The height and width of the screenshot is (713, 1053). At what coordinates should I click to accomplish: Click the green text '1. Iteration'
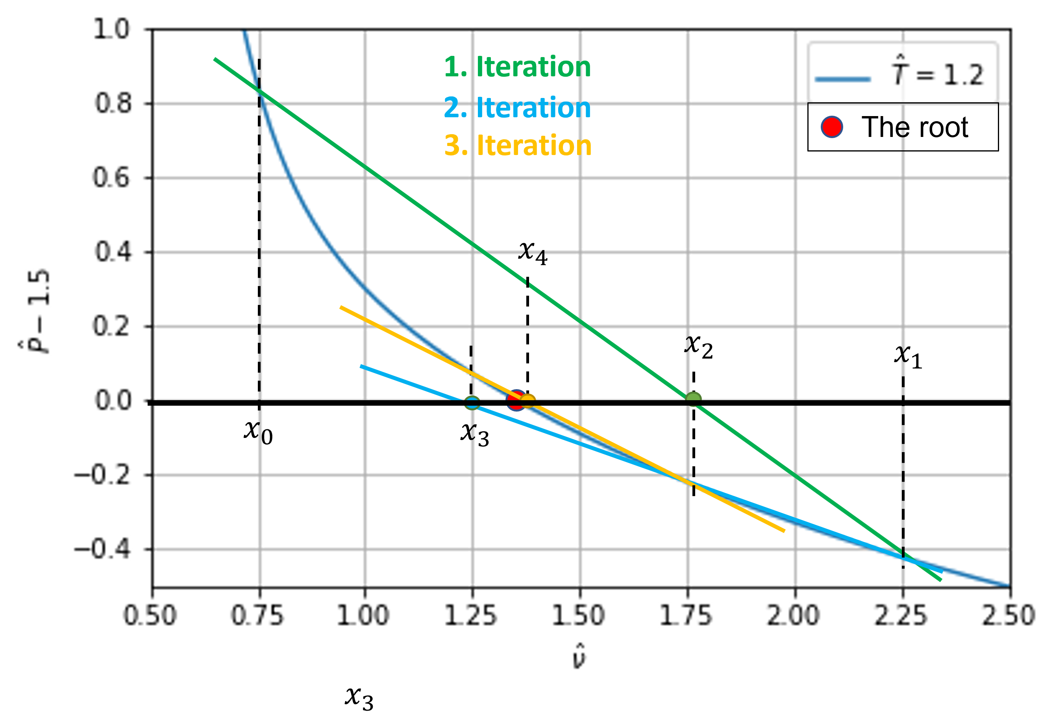click(517, 67)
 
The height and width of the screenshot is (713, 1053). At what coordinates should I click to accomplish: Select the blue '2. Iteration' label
click(517, 108)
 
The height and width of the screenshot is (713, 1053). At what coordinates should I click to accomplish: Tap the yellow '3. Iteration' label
click(518, 146)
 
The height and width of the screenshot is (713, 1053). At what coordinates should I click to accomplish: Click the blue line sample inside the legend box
click(842, 79)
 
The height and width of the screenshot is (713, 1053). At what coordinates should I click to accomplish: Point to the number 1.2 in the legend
click(964, 75)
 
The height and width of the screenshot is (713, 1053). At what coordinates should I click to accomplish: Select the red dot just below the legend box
click(831, 127)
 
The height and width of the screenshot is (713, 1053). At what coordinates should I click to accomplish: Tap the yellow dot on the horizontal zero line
click(528, 401)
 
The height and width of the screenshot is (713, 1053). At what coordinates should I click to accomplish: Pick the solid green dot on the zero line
click(693, 399)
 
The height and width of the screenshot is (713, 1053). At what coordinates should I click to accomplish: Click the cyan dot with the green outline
click(472, 402)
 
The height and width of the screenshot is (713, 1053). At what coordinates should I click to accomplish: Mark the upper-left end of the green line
click(215, 59)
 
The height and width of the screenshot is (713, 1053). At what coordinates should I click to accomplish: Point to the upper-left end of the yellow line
click(341, 308)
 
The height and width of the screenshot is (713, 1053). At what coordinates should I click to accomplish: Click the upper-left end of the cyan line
click(361, 366)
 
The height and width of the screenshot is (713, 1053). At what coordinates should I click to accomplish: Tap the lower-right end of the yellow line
click(784, 531)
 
